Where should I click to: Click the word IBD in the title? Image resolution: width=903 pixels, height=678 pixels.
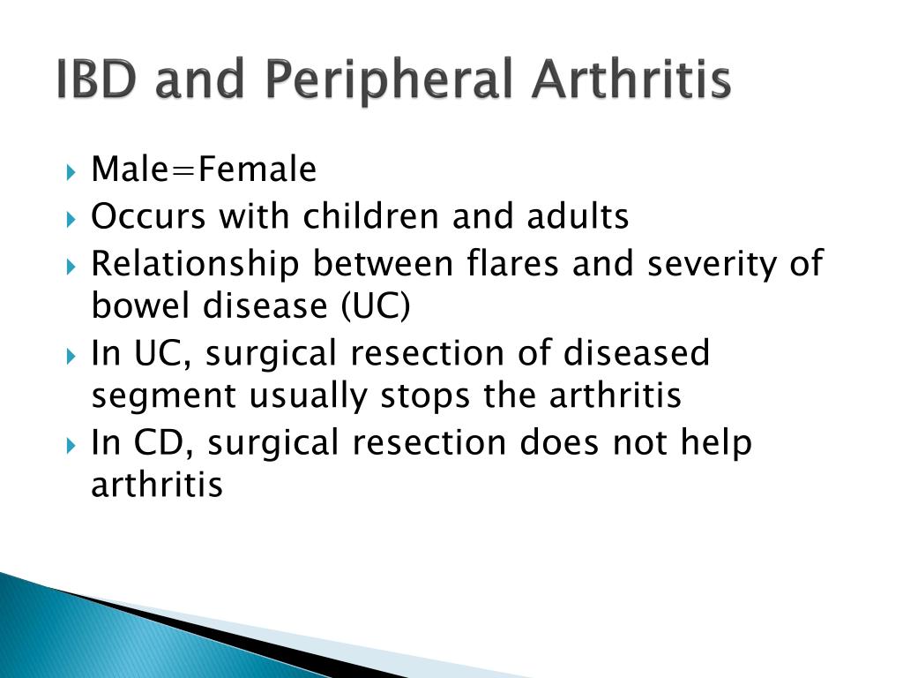tap(97, 79)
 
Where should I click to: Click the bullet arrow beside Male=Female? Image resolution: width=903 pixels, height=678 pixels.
tap(71, 172)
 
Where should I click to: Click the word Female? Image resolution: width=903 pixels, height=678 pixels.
tap(257, 169)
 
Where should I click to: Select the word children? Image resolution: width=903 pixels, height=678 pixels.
tap(373, 217)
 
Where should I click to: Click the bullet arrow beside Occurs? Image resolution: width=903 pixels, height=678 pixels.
tap(71, 220)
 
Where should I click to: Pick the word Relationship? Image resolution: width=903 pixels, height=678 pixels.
tap(196, 265)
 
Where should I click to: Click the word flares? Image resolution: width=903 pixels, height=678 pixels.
tap(512, 264)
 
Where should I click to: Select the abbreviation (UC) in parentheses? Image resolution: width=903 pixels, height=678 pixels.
tap(376, 306)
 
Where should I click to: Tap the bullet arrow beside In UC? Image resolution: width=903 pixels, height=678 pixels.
tap(71, 357)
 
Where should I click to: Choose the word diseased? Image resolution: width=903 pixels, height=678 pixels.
tap(637, 353)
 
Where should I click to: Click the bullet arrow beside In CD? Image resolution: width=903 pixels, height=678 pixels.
tap(71, 446)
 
